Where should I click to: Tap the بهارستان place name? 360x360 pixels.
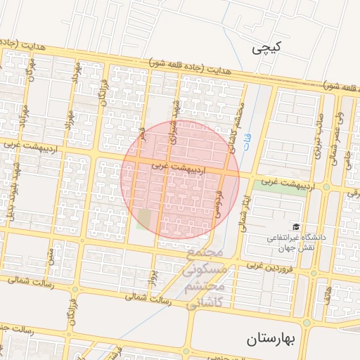274,340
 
